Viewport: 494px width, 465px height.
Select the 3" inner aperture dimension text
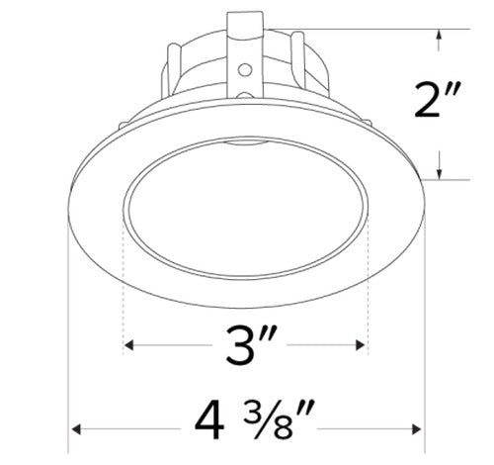243,346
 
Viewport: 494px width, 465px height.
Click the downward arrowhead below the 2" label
438,171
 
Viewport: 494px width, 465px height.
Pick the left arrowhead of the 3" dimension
128,346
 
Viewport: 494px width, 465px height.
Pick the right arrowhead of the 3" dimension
361,346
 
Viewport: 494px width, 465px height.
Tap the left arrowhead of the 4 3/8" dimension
74,427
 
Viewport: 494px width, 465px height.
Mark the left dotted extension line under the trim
123,287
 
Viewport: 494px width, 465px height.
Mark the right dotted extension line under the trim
367,287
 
